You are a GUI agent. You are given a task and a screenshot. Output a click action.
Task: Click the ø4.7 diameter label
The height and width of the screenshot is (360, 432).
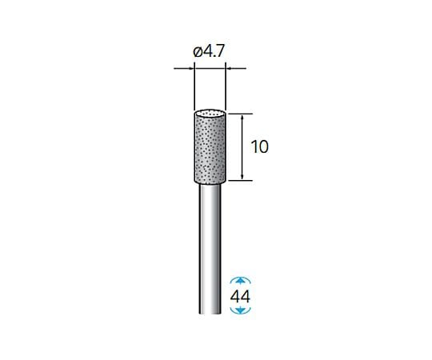209,51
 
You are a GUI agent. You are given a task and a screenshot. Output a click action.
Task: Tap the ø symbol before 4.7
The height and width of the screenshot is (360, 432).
198,52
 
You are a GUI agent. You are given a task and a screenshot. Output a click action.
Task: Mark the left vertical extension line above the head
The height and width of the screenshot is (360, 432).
194,86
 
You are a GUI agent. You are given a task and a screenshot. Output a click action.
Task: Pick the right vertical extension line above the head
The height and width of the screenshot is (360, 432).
226,86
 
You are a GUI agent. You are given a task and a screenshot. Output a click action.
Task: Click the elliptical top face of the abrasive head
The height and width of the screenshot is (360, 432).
210,114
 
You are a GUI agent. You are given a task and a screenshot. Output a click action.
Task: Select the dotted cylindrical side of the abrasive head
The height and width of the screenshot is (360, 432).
210,149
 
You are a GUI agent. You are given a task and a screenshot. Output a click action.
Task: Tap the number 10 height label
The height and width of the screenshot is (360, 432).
259,147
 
